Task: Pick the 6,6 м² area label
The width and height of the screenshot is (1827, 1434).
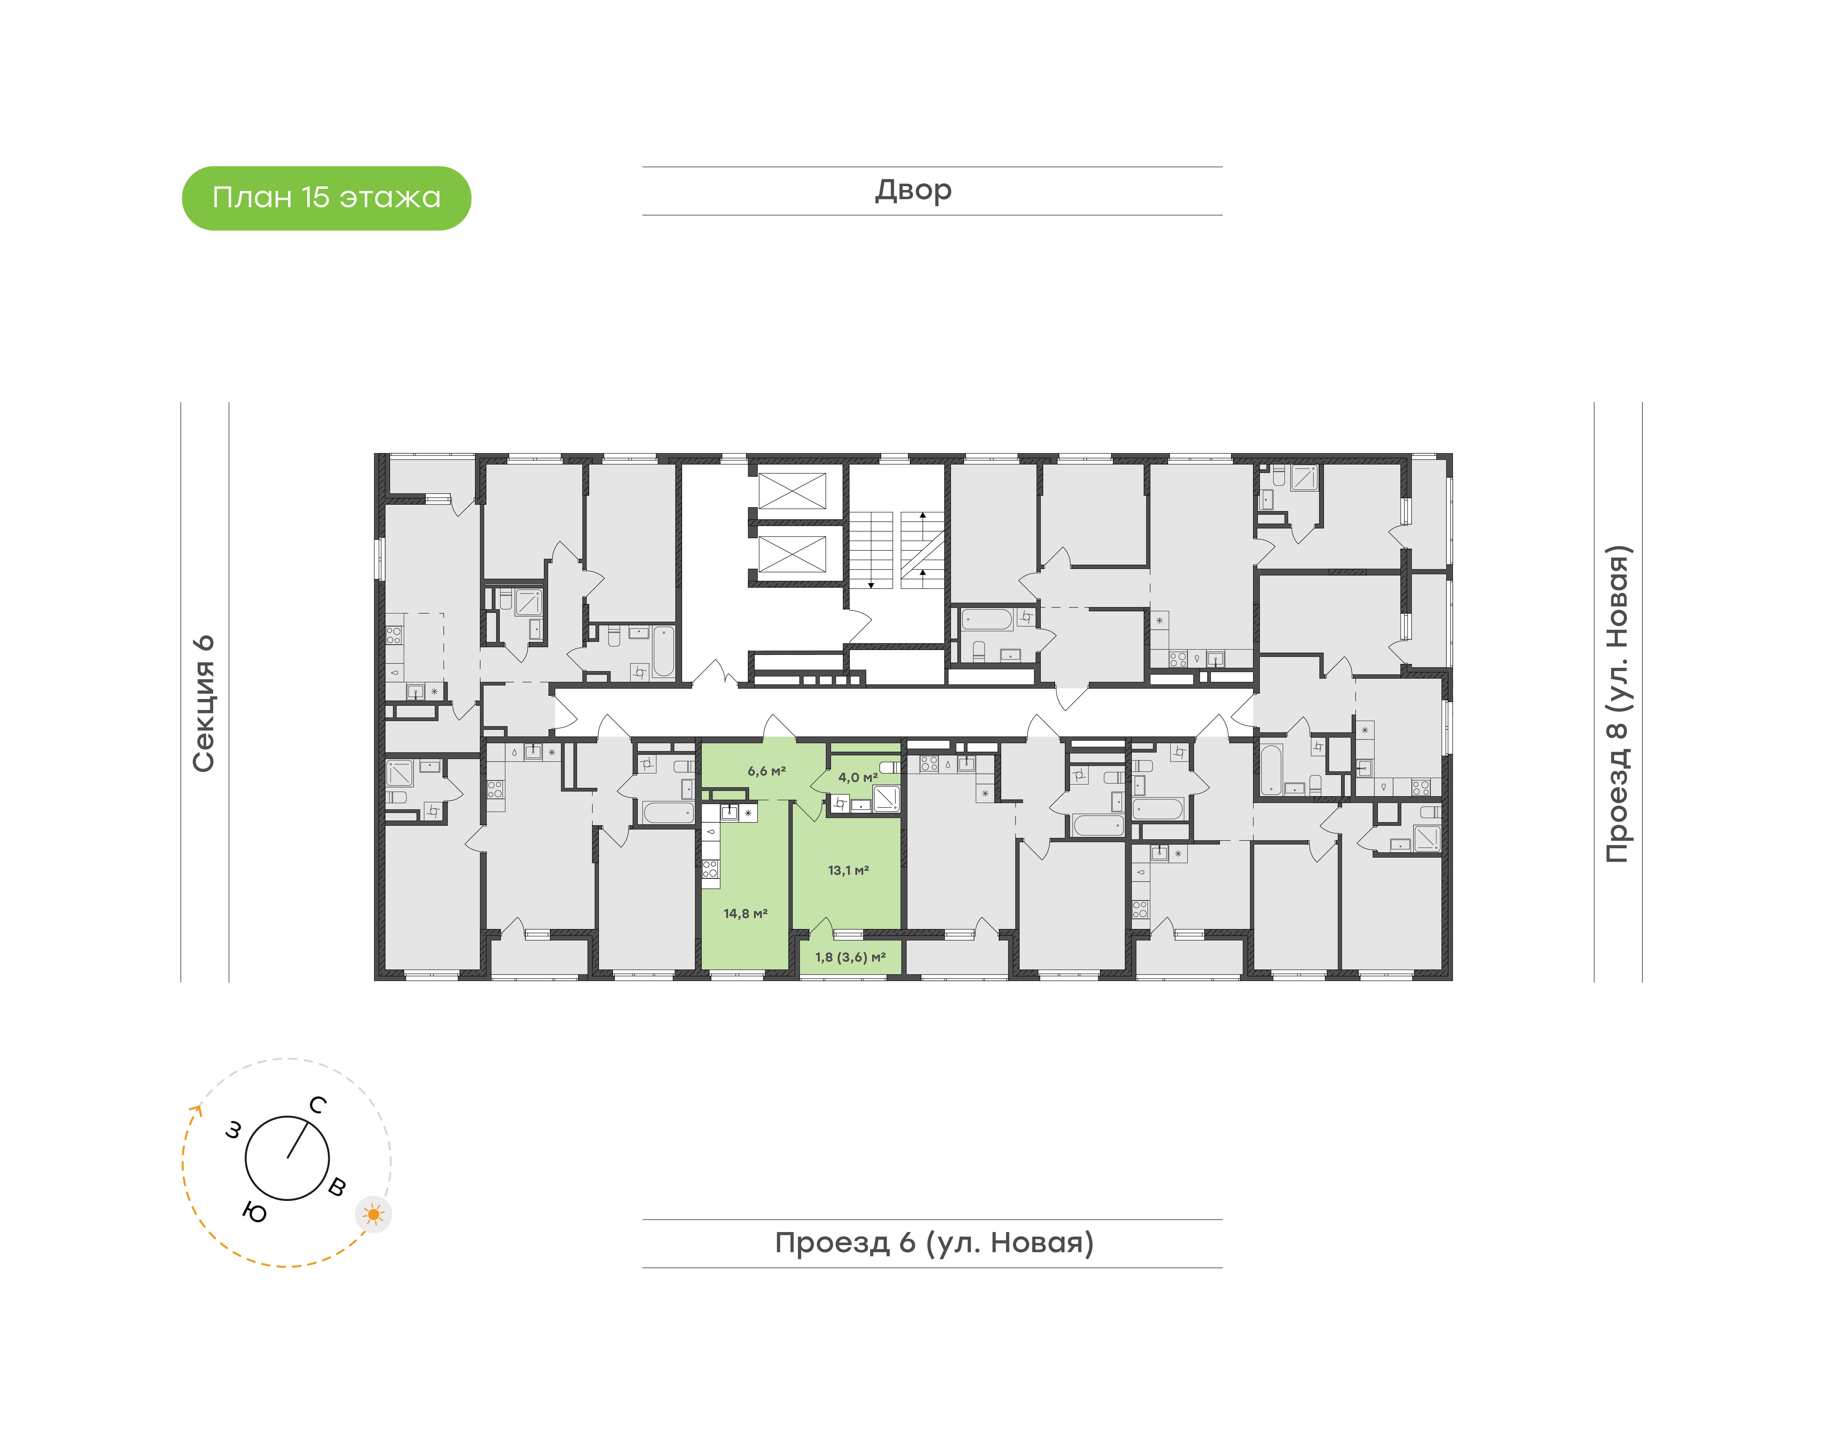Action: [766, 771]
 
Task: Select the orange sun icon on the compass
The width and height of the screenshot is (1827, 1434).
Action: [373, 1214]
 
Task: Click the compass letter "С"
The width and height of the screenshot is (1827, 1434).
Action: [317, 1105]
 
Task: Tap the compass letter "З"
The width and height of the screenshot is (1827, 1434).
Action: [233, 1131]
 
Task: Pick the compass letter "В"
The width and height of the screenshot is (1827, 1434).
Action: [336, 1186]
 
